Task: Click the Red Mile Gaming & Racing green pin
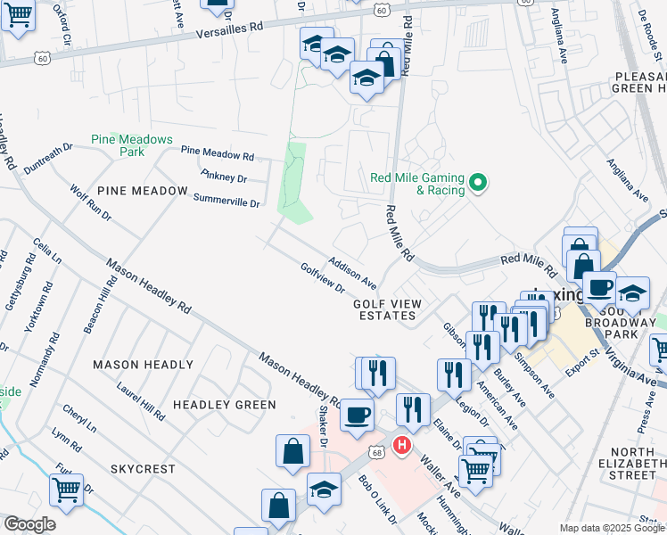coord(478,184)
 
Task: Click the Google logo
coord(29,524)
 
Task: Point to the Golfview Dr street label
coord(323,277)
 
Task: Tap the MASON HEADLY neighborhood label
coord(144,365)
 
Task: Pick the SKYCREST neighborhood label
coord(144,468)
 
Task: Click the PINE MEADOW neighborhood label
coord(143,191)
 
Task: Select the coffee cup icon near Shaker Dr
coord(358,416)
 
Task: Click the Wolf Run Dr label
coord(90,202)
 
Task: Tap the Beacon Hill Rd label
coord(101,306)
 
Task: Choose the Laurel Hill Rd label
coord(141,401)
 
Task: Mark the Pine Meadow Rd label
coord(218,153)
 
